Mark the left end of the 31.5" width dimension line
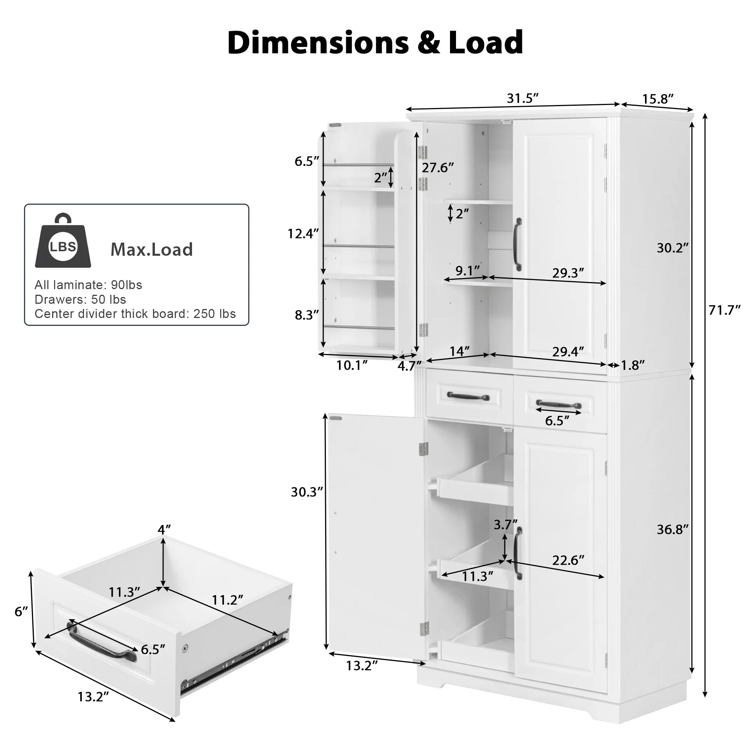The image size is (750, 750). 406,110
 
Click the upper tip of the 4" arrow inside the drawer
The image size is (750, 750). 163,537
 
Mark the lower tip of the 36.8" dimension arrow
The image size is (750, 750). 692,673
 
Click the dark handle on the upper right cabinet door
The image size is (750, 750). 518,244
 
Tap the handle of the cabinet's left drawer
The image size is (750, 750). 468,396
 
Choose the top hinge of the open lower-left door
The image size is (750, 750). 423,449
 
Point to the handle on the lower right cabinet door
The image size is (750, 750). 518,553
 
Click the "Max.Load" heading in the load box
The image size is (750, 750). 152,250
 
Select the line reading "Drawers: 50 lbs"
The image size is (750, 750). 80,300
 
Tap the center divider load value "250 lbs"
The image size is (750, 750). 214,313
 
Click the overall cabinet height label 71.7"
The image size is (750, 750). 725,310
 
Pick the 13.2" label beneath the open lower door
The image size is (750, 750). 362,666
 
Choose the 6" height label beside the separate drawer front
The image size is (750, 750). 21,612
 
